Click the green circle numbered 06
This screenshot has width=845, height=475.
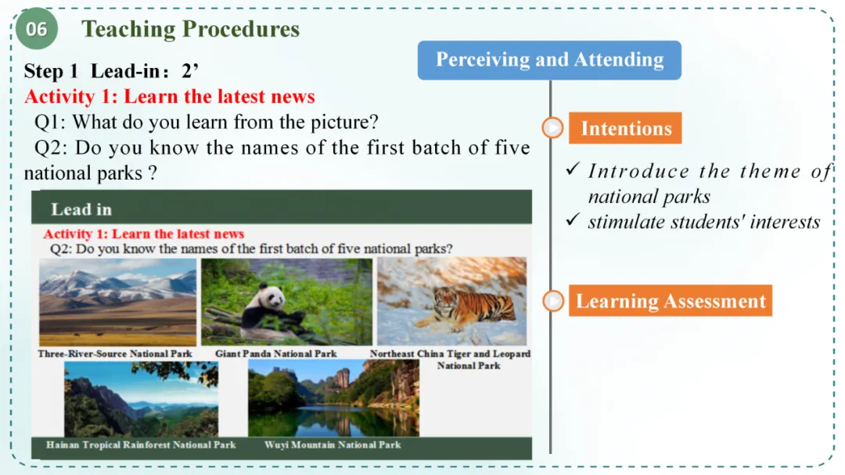[36, 28]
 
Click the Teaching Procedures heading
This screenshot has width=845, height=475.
[190, 29]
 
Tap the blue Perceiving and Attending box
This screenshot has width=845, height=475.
[549, 59]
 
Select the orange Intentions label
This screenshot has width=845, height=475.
[625, 128]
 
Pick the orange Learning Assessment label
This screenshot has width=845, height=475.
[671, 301]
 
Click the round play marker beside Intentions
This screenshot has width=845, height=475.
[552, 128]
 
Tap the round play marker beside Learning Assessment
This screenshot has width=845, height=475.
[553, 301]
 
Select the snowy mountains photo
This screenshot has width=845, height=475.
[117, 302]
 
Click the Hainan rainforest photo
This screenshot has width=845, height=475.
[141, 398]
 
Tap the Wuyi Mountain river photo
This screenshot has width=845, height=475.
[333, 398]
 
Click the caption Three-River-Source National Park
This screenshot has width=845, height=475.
[115, 353]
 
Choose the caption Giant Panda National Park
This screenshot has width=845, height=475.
[276, 353]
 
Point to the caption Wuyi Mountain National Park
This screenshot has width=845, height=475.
[333, 445]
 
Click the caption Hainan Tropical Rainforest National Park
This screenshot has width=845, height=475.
[141, 445]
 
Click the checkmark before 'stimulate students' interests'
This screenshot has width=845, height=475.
[573, 220]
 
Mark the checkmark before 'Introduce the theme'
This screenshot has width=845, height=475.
[573, 169]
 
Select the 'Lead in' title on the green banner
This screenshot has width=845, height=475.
[81, 209]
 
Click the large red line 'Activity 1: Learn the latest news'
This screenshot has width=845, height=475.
[170, 96]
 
